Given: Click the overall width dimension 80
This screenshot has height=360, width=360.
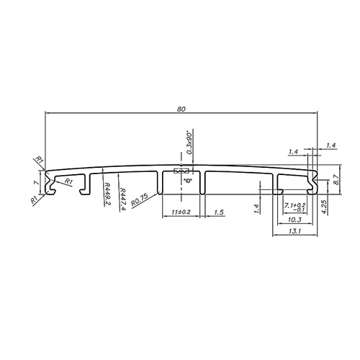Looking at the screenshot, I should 181,108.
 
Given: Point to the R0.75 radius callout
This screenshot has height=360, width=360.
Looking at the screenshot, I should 143,197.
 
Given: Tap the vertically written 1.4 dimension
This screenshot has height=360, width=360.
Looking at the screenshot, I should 257,210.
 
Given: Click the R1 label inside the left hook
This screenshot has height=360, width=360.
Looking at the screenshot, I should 67,182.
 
